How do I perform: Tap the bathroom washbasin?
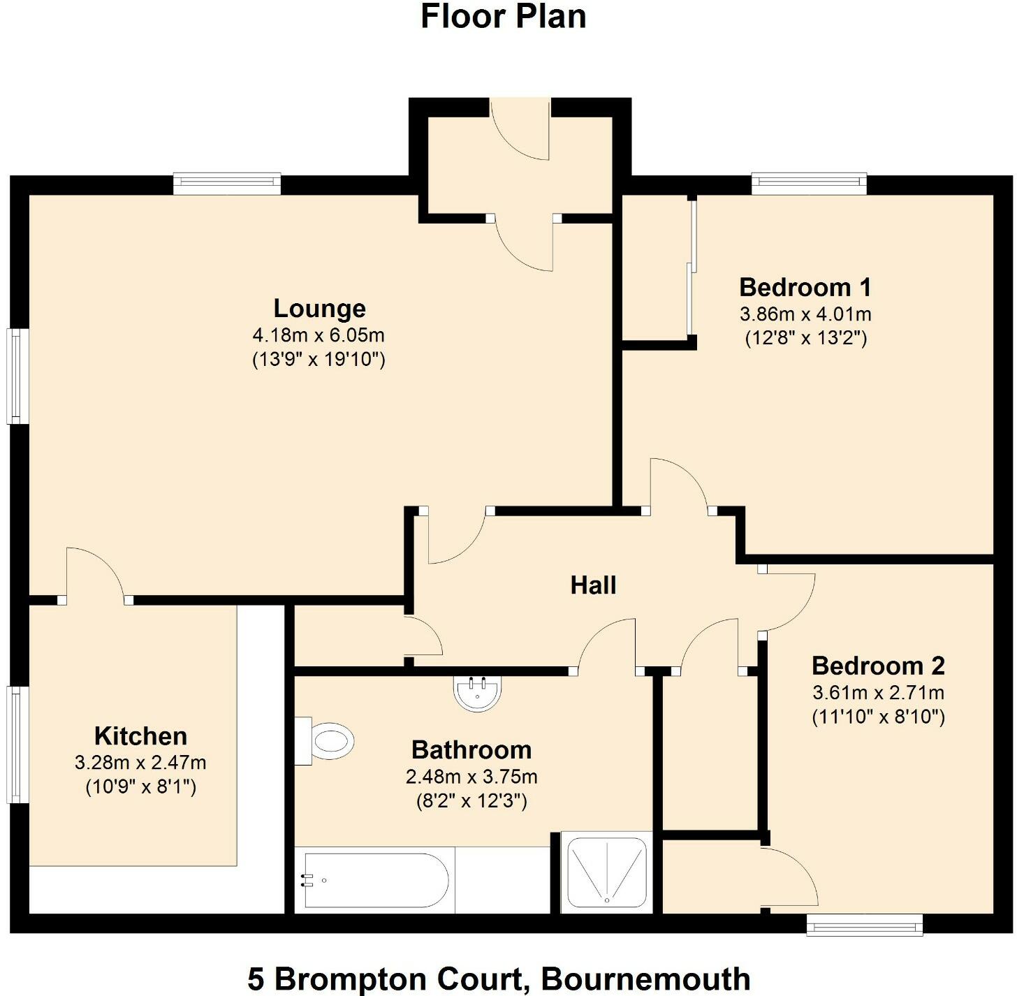click(478, 694)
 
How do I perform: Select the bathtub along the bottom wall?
click(374, 880)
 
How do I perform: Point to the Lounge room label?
click(319, 308)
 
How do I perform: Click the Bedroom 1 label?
click(805, 287)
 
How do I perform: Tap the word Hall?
click(593, 585)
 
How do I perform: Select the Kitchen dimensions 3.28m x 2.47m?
click(140, 763)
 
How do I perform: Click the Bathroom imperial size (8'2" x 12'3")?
click(471, 800)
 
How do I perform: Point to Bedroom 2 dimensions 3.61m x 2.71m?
click(878, 693)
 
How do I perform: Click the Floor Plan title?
click(503, 17)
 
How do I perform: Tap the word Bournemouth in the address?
click(645, 979)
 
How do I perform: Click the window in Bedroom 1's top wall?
click(809, 184)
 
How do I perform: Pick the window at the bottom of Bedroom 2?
click(864, 925)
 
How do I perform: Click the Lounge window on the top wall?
click(227, 184)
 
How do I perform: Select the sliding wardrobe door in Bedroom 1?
click(691, 269)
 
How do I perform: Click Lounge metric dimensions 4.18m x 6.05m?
click(319, 335)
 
